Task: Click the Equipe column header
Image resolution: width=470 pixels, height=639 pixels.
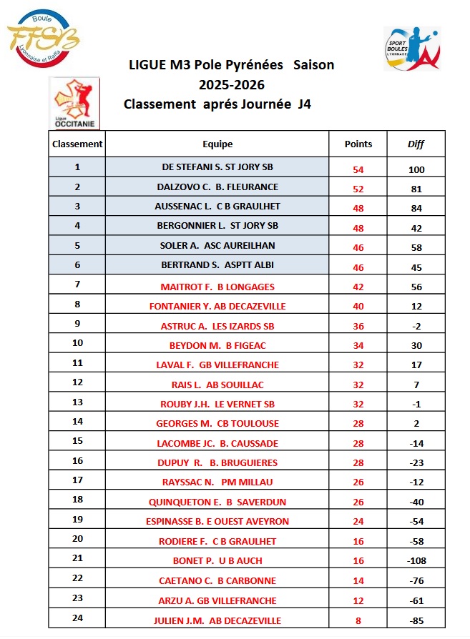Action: click(x=217, y=144)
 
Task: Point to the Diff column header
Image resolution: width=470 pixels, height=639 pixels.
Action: click(x=416, y=144)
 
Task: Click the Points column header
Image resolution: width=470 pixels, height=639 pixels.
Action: click(x=358, y=144)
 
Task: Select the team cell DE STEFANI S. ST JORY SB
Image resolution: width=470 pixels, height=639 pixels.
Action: click(x=217, y=167)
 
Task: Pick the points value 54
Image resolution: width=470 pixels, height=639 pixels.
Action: click(x=358, y=169)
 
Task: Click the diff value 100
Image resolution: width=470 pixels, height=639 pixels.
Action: click(x=416, y=169)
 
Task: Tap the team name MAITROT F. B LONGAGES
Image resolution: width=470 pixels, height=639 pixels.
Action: click(x=217, y=287)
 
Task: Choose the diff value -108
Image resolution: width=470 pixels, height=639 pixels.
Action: click(x=416, y=561)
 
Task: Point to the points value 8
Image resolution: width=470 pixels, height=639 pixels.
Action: click(x=358, y=620)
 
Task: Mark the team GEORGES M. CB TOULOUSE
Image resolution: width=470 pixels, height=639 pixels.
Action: click(x=217, y=423)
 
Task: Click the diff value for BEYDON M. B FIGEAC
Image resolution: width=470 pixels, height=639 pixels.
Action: click(x=416, y=345)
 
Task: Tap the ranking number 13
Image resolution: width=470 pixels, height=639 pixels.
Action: click(x=77, y=402)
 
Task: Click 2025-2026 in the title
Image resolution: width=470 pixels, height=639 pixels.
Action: click(x=232, y=84)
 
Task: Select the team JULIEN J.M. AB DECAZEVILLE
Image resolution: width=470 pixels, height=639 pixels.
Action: click(x=217, y=620)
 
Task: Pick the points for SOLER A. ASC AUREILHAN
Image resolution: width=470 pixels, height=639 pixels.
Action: click(x=358, y=248)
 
